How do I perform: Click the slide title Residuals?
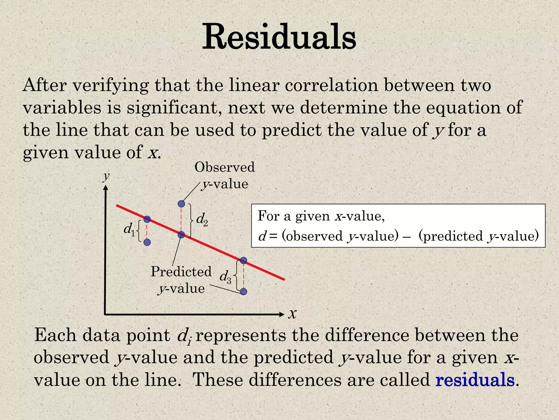pyautogui.click(x=279, y=37)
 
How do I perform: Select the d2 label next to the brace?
pyautogui.click(x=202, y=219)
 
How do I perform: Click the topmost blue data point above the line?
pyautogui.click(x=181, y=204)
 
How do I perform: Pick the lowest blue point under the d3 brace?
pyautogui.click(x=243, y=291)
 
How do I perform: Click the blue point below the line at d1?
pyautogui.click(x=147, y=242)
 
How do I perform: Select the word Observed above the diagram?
pyautogui.click(x=224, y=167)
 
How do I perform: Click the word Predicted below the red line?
pyautogui.click(x=181, y=272)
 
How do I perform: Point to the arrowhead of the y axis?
pyautogui.click(x=106, y=188)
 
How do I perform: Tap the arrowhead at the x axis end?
pyautogui.click(x=282, y=314)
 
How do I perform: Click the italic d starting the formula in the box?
pyautogui.click(x=262, y=236)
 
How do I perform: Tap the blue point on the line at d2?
pyautogui.click(x=181, y=235)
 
